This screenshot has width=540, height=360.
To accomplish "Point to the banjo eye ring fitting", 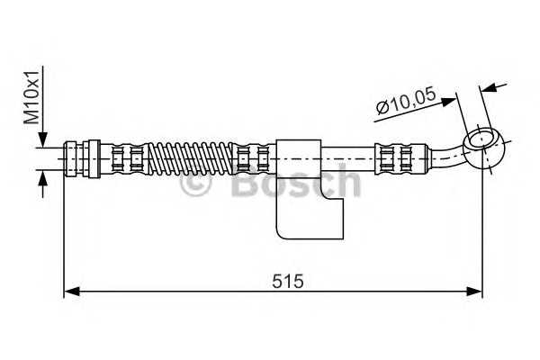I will [482, 141].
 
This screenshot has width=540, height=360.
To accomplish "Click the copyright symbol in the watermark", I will [196, 185].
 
